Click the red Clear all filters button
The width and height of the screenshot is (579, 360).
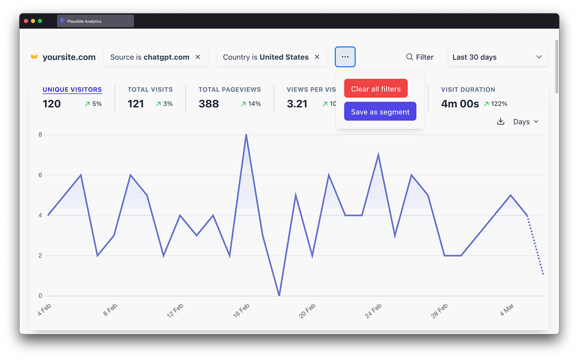pos(376,89)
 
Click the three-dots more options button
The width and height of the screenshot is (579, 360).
pos(345,57)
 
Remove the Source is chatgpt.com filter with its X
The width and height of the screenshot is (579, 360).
pos(198,57)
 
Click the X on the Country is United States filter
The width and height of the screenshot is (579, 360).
pos(317,57)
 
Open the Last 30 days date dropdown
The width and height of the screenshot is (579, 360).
pos(498,57)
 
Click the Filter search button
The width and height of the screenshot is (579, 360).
pos(420,57)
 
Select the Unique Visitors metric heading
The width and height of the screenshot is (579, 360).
pos(72,89)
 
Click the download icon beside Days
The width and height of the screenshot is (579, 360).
pos(500,122)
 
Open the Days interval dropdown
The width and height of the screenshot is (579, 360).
pos(526,122)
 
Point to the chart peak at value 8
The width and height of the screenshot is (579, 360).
pos(246,135)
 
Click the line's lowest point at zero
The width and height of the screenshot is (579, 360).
pos(279,295)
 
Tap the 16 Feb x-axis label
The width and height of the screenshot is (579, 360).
pos(241,310)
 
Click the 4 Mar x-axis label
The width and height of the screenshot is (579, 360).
pos(507,310)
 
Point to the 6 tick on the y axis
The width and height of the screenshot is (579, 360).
pos(40,175)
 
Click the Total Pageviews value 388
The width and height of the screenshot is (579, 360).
pos(209,104)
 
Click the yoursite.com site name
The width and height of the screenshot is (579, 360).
pos(69,57)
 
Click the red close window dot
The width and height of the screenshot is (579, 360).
pos(26,21)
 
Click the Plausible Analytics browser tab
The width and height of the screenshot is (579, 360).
pos(95,21)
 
